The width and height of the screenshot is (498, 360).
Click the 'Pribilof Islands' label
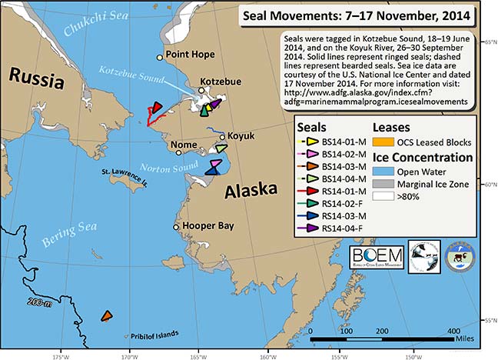coord(153,334)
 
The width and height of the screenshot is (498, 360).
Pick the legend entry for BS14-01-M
coord(334,142)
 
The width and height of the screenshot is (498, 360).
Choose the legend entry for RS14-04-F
coord(334,228)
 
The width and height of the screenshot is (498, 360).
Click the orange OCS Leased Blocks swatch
coord(382,142)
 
